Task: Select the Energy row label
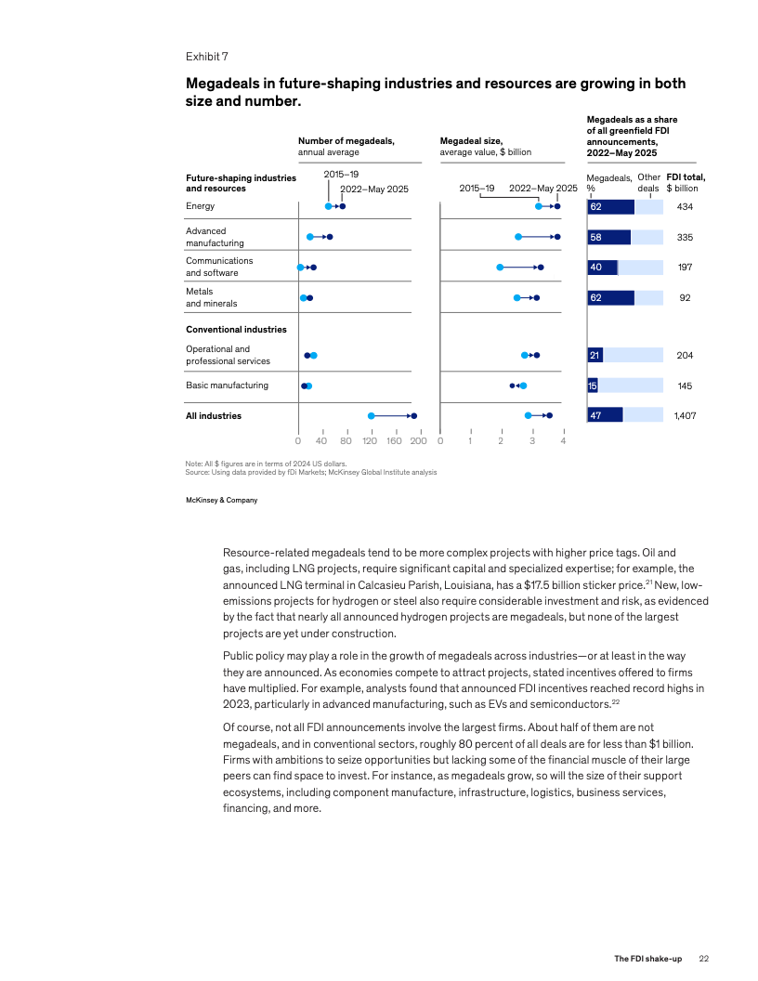(x=200, y=206)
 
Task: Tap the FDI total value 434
(x=686, y=206)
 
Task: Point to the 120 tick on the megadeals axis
(x=372, y=441)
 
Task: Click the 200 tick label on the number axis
(x=419, y=441)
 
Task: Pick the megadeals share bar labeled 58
(x=608, y=237)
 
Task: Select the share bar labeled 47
(x=605, y=416)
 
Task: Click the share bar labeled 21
(x=595, y=355)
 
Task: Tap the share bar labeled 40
(x=602, y=268)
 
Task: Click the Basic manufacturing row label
(x=227, y=386)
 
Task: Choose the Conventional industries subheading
(x=236, y=330)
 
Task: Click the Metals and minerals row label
(x=211, y=297)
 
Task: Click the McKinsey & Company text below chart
(x=222, y=500)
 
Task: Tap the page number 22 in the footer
(x=704, y=959)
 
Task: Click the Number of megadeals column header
(x=346, y=141)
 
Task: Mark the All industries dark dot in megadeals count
(x=413, y=416)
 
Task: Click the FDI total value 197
(x=686, y=268)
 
